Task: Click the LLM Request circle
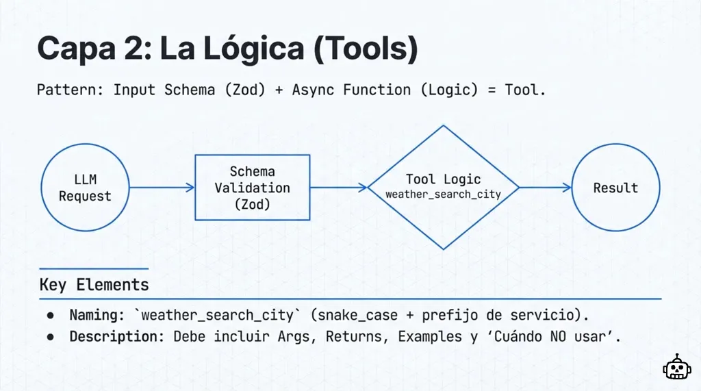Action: point(85,188)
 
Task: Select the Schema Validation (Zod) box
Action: point(252,187)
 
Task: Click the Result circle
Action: point(615,188)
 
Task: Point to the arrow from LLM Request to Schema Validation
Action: point(162,188)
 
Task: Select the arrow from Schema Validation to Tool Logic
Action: point(338,187)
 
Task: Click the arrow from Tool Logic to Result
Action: point(545,187)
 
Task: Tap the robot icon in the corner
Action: point(676,368)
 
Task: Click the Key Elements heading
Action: point(94,285)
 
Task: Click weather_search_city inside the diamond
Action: point(443,194)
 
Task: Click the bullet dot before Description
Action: point(51,338)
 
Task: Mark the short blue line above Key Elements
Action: point(94,268)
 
